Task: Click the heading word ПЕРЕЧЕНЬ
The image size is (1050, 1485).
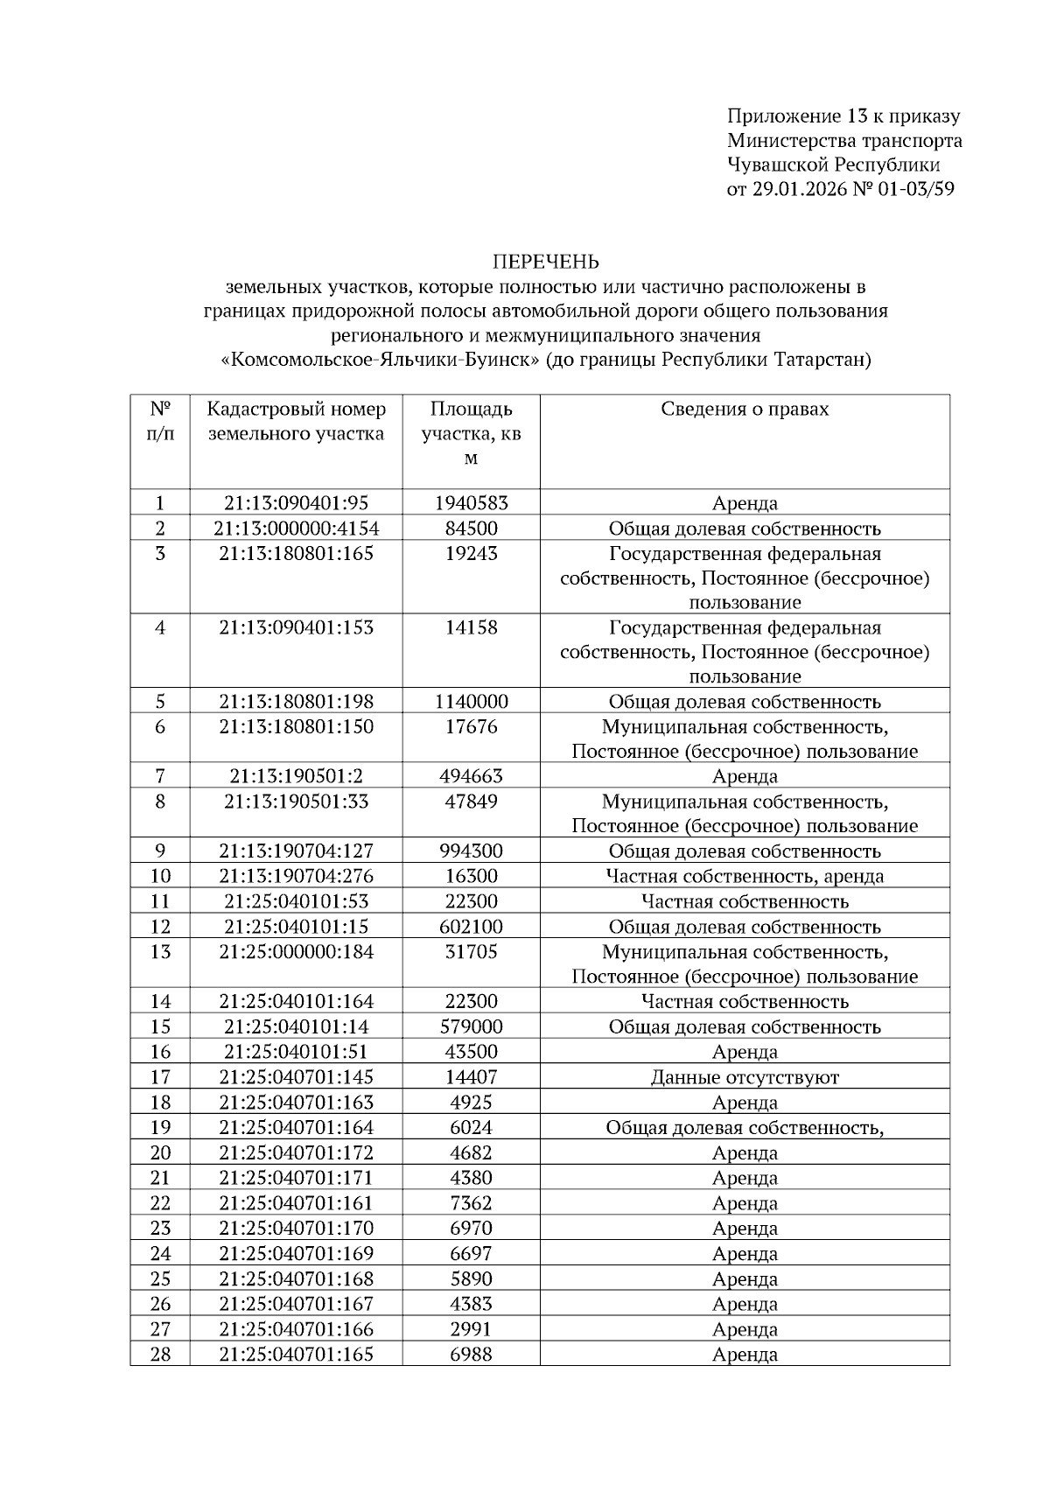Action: [546, 262]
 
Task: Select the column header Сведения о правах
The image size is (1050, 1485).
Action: [745, 409]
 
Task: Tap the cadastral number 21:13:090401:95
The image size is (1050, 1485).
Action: [296, 503]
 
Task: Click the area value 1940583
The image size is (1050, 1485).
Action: [471, 503]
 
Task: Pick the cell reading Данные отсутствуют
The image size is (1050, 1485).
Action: [745, 1077]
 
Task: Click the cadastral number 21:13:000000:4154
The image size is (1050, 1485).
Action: [296, 529]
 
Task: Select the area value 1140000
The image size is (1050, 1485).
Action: [471, 702]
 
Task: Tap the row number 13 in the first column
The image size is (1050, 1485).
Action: [160, 952]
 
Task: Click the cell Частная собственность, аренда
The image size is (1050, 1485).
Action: [745, 876]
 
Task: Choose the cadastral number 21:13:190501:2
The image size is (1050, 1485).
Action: [296, 776]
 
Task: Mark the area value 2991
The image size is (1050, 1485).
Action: [471, 1329]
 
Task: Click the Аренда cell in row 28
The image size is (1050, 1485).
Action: [745, 1355]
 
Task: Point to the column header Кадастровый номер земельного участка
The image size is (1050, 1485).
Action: [296, 421]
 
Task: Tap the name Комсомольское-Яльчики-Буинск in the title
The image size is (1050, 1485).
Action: [381, 360]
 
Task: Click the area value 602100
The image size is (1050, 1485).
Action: [471, 927]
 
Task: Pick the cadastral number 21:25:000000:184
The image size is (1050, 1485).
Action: [296, 952]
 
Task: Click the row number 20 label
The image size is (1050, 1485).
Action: [160, 1152]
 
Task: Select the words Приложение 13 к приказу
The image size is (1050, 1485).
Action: [843, 116]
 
